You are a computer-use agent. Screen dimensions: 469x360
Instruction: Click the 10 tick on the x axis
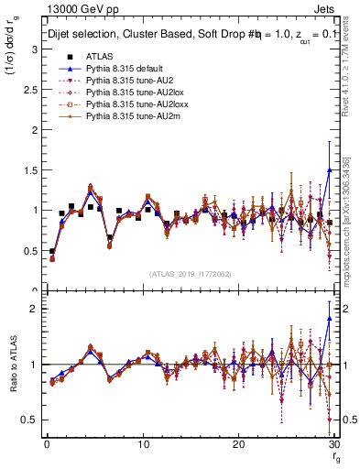(x=142, y=444)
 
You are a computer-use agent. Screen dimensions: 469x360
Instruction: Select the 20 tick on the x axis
(x=238, y=444)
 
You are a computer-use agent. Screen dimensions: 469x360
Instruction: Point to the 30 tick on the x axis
(x=334, y=444)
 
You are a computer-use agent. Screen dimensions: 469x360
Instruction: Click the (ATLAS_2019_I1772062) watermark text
(x=191, y=274)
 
